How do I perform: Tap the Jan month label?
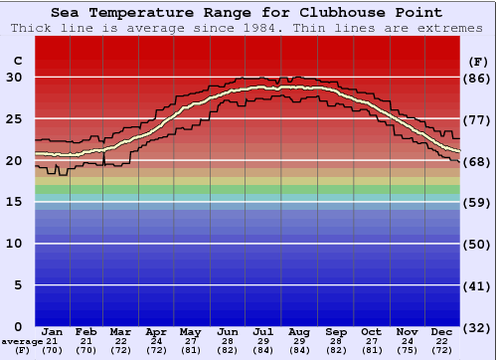(53, 331)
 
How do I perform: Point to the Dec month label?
(442, 331)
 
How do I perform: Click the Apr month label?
(156, 331)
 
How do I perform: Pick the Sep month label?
(335, 331)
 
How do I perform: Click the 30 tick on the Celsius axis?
(14, 78)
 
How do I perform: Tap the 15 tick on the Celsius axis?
(14, 202)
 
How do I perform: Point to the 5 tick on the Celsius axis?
(18, 285)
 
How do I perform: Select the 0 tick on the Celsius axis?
(18, 326)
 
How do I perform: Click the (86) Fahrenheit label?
(477, 78)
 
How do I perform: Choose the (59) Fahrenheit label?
(477, 202)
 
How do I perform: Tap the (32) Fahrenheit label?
(477, 326)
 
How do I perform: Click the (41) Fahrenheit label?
(477, 285)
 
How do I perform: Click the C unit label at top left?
(17, 62)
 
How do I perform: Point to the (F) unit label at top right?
(477, 62)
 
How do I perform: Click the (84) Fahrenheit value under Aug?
(299, 350)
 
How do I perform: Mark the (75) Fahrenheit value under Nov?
(407, 350)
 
